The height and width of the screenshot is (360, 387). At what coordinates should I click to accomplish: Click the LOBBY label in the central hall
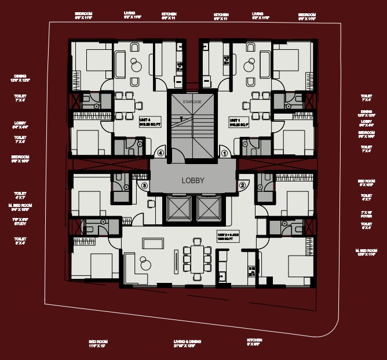click(x=193, y=180)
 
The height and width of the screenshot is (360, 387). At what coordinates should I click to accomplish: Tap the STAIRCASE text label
click(x=191, y=101)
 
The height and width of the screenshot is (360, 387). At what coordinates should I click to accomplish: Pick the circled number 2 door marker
click(x=242, y=186)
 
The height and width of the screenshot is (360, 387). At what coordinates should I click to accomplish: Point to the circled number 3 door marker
click(x=145, y=186)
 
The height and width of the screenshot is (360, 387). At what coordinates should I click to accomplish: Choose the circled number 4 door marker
click(x=160, y=154)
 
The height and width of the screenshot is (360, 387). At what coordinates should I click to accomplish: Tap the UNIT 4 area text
click(x=149, y=121)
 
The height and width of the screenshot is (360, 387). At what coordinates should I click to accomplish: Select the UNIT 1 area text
click(x=239, y=121)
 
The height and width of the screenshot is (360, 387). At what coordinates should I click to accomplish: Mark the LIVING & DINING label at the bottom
click(x=188, y=343)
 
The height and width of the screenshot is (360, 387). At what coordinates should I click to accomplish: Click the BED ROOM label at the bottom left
click(x=98, y=343)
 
